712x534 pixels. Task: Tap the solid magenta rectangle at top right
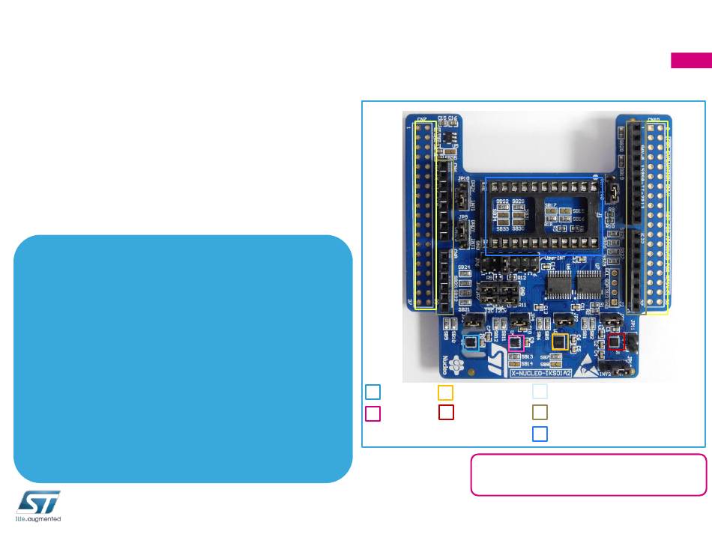(x=690, y=61)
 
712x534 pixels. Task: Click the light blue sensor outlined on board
(x=471, y=343)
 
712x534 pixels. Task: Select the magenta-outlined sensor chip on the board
(x=515, y=343)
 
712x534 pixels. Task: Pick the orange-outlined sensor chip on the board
(x=559, y=341)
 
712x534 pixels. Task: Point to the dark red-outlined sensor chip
(x=615, y=342)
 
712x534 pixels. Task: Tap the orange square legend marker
(x=445, y=392)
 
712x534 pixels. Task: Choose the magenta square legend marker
(x=372, y=413)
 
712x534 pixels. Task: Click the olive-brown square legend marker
(x=540, y=412)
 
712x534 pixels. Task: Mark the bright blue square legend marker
(x=540, y=433)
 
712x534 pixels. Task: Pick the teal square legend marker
(x=372, y=392)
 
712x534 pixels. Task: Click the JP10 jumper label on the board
(x=463, y=178)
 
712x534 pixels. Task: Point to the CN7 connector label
(x=422, y=119)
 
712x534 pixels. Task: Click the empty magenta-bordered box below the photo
(x=588, y=474)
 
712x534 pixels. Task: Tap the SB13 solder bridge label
(x=527, y=356)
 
